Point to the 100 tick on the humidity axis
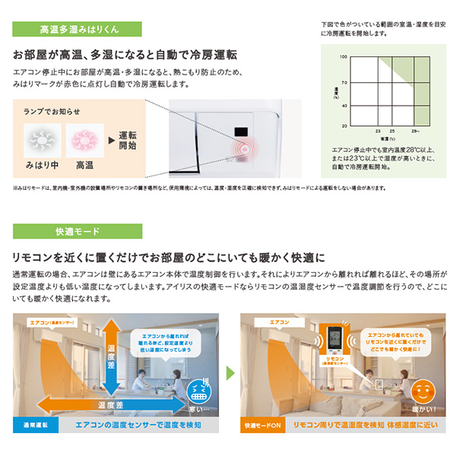[344, 57]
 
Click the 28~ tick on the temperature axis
[416, 131]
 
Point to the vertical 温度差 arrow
[111, 353]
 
